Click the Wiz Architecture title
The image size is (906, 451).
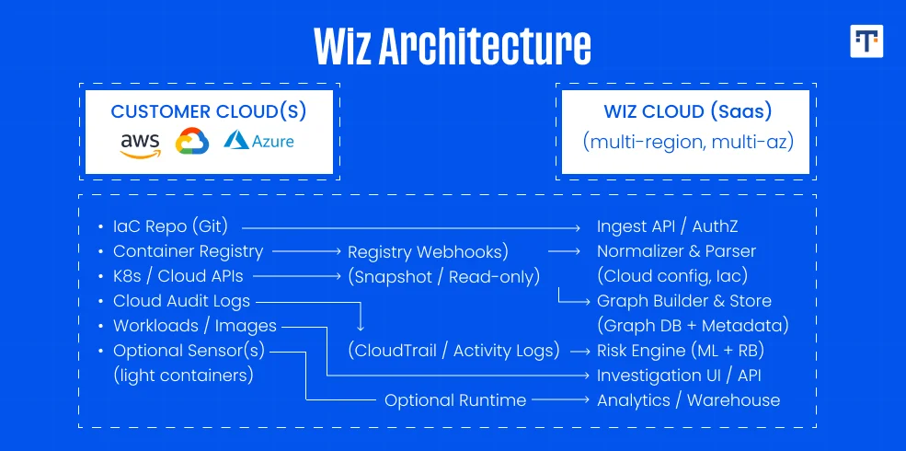point(452,45)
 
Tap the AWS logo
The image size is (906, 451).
point(140,144)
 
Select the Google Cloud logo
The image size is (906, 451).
point(192,142)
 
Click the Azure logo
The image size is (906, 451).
point(259,141)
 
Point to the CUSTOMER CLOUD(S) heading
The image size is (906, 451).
point(209,111)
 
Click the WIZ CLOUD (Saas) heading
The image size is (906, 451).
point(687,111)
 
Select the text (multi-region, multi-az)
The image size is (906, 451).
point(688,142)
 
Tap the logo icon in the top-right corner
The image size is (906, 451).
point(866,41)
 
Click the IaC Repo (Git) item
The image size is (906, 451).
point(170,226)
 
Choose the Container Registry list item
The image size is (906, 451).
point(188,251)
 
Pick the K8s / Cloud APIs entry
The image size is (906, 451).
point(178,276)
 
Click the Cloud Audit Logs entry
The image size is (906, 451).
point(181,301)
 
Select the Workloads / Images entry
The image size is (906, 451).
point(194,326)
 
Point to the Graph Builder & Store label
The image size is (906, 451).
point(684,301)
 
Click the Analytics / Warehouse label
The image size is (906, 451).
point(688,400)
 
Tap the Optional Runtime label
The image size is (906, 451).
point(455,400)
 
